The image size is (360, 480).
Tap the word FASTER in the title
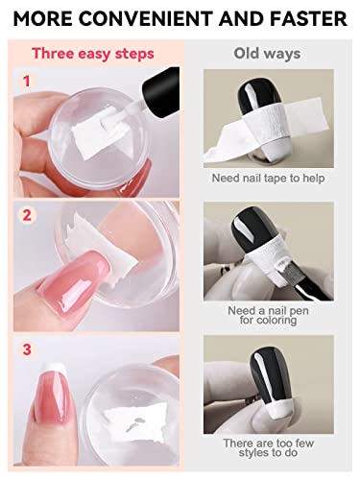[309, 18]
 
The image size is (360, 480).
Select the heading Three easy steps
[93, 54]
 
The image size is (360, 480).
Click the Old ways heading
[267, 54]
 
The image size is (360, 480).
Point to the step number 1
[27, 81]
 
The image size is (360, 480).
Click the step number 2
[27, 215]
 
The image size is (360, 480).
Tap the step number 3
[27, 348]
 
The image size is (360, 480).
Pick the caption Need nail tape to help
[268, 179]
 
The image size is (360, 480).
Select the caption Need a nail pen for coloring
[268, 315]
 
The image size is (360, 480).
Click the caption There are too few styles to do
[268, 447]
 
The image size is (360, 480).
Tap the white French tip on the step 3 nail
[54, 370]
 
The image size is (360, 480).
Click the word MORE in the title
[42, 18]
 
